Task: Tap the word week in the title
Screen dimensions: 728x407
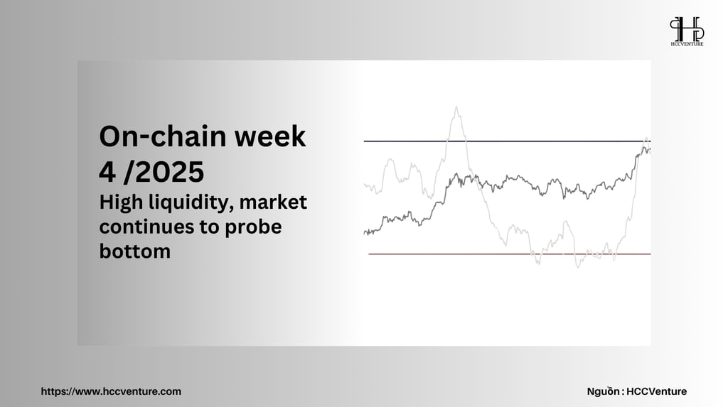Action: click(269, 136)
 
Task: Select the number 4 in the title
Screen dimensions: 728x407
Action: click(107, 172)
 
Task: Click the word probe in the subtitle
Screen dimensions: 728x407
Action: click(254, 227)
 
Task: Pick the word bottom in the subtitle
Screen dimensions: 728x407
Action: click(134, 251)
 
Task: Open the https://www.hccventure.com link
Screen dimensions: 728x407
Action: click(111, 391)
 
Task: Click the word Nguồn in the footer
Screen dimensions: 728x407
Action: click(603, 391)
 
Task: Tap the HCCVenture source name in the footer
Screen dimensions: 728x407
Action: click(656, 391)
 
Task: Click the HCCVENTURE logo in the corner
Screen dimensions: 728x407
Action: click(687, 31)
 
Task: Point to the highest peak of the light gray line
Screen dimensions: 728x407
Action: click(456, 107)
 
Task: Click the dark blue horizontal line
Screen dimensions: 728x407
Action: click(507, 141)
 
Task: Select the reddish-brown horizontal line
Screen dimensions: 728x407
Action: click(509, 254)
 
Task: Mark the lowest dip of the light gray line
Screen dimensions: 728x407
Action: click(578, 267)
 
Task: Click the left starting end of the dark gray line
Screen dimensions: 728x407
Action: click(365, 232)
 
